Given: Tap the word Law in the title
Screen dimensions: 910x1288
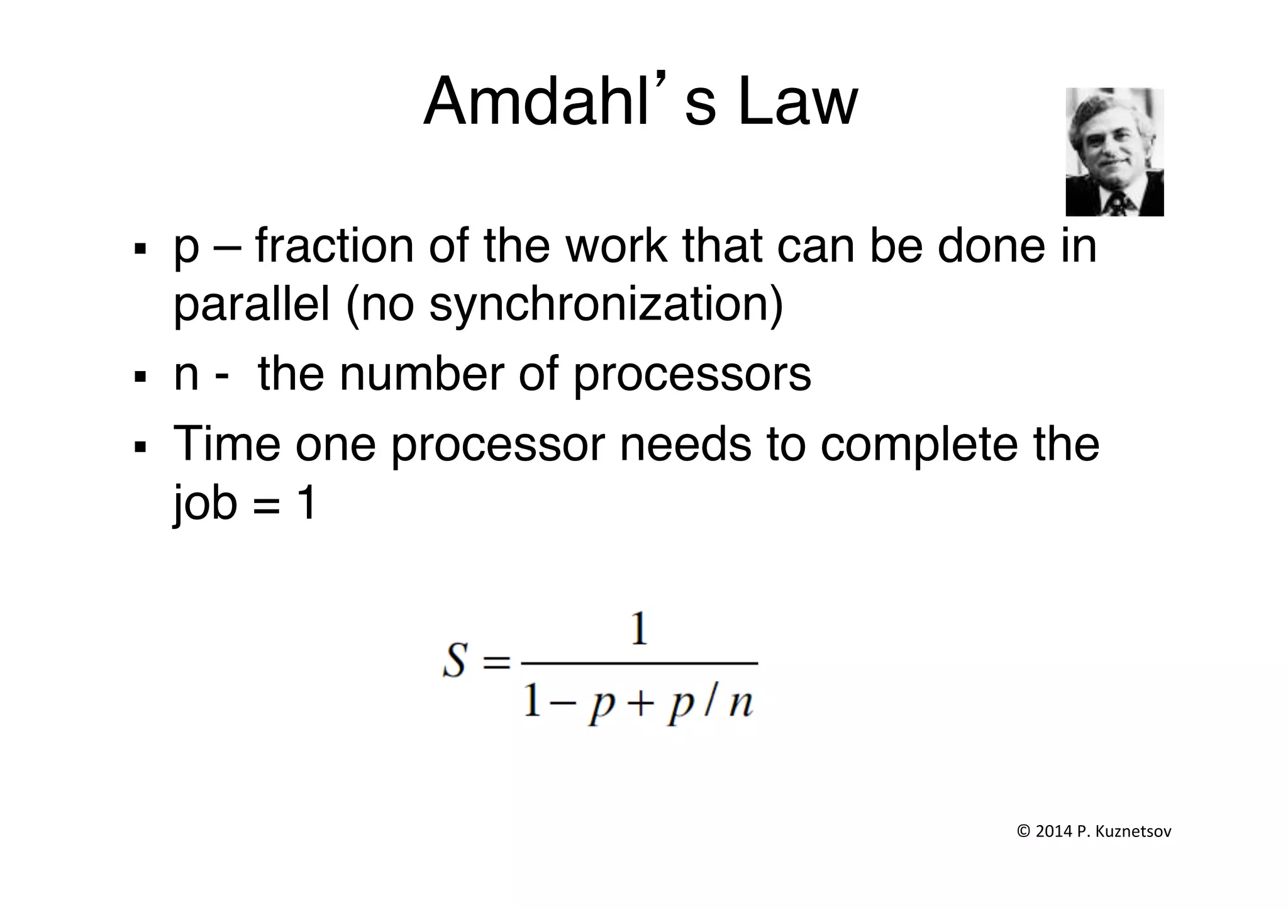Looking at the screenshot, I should tap(797, 103).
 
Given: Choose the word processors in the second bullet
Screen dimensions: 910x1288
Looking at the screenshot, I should tap(692, 375).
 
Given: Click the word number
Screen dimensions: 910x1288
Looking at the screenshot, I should tap(421, 375).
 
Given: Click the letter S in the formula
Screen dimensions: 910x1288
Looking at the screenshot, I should tap(455, 662).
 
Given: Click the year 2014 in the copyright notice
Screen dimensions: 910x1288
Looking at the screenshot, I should tap(1054, 832).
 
